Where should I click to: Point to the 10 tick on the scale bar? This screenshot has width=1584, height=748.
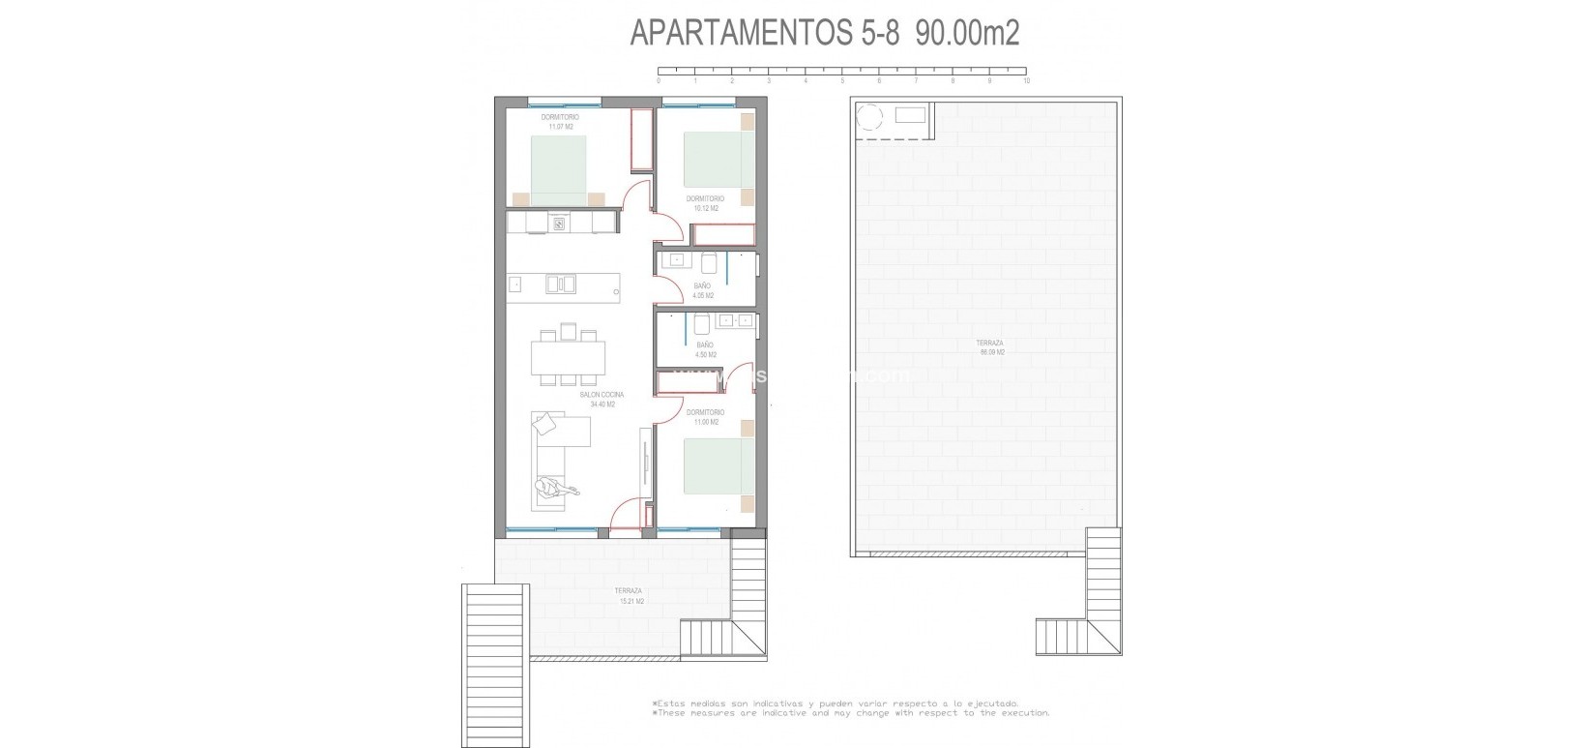coord(1026,81)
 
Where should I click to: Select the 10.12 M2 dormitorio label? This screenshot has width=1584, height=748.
coord(705,203)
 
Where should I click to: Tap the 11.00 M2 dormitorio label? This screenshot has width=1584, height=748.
coord(705,417)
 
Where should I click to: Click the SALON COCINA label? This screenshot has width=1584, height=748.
coord(601,395)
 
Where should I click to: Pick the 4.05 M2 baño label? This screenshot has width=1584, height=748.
coord(703,290)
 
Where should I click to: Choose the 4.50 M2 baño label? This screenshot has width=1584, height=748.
coord(705,349)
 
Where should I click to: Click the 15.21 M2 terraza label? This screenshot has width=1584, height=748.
coord(629,596)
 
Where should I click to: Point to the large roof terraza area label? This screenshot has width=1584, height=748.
coord(990,347)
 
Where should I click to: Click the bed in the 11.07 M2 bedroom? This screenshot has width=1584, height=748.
coord(558,169)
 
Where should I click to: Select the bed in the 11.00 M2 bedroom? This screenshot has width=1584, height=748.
coord(717,468)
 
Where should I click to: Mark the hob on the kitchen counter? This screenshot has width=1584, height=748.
coord(559,224)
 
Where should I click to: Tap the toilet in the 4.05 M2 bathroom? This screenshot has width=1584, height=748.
coord(710,262)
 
